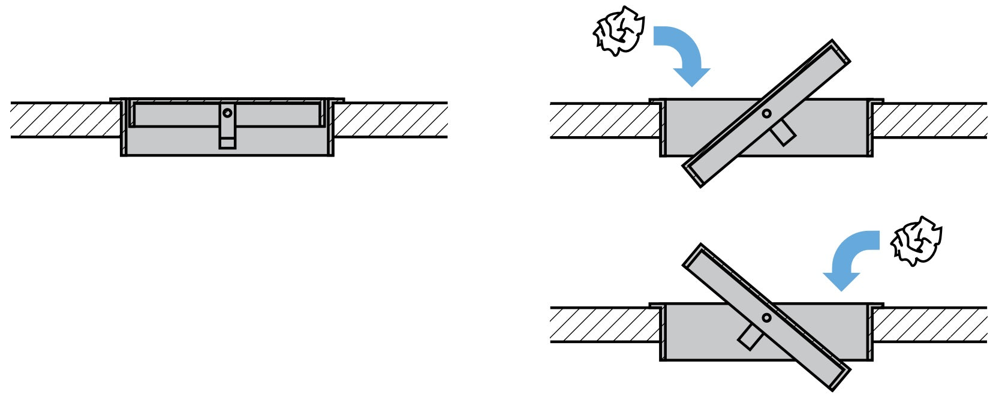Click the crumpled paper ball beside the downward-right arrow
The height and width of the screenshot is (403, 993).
(x=618, y=31)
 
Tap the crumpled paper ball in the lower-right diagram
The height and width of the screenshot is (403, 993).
(x=916, y=240)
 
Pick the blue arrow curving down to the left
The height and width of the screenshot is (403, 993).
(x=848, y=257)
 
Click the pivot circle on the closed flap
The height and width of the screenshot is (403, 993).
(x=227, y=113)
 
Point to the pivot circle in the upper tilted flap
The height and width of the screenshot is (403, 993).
(x=766, y=113)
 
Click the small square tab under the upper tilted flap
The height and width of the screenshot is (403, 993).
(x=783, y=133)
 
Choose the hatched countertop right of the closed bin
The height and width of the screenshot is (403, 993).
(x=390, y=120)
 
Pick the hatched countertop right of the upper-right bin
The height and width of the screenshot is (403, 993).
(x=929, y=121)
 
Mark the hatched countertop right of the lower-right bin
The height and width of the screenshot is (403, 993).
(x=929, y=325)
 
